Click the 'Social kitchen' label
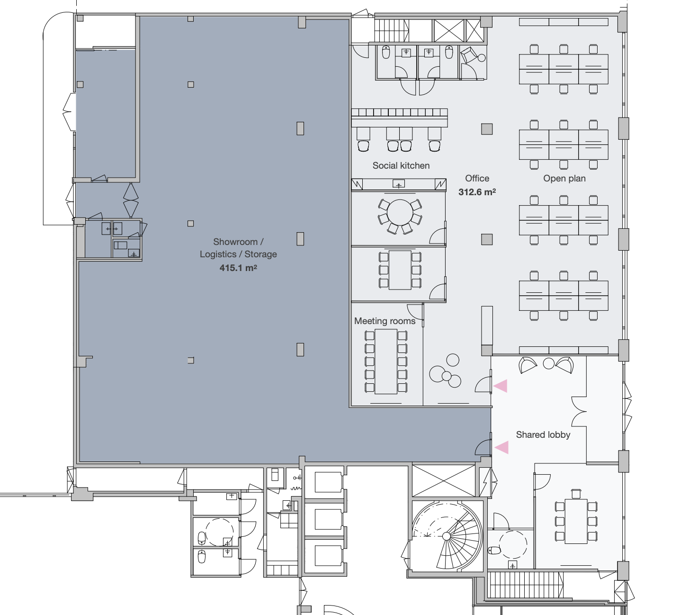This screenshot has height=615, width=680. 401,165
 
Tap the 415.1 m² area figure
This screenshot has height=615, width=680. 238,268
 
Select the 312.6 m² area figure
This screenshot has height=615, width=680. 477,192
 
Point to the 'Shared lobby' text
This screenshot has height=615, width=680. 543,434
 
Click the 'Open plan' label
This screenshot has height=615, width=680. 564,179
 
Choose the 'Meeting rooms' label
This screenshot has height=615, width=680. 385,321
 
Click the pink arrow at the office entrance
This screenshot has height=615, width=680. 501,386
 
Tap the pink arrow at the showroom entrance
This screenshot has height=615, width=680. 501,447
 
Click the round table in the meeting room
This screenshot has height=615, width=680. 400,213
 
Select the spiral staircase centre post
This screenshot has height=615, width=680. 447,536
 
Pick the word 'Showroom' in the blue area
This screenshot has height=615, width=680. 235,242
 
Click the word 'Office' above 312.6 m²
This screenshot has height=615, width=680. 477,179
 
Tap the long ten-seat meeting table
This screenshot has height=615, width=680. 386,362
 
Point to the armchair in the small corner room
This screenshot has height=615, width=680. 469,55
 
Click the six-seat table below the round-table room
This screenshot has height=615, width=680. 400,270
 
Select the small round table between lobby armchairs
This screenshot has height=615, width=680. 548,363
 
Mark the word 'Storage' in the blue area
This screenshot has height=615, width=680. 260,254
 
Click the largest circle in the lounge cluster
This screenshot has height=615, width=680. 437,374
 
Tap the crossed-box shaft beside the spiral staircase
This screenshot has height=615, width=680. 444,480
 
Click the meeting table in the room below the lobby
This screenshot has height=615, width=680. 576,521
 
